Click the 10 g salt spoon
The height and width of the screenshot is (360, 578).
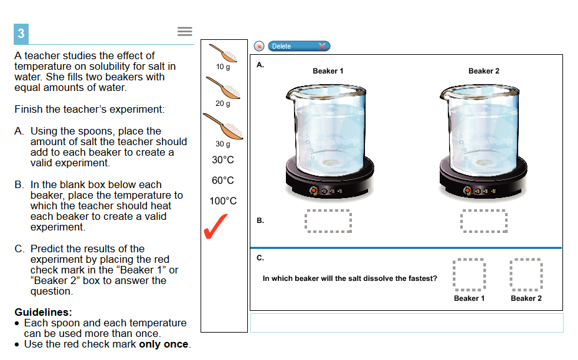coord(223,53)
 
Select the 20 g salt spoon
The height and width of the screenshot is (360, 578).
coord(223,88)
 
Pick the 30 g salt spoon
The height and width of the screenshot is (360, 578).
coord(223,126)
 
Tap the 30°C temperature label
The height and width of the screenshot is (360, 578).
coord(222,160)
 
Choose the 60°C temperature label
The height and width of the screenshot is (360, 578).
coord(222,181)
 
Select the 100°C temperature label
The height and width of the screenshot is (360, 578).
coord(223,201)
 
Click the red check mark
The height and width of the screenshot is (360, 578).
coord(216,227)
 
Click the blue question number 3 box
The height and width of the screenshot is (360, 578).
coord(21,34)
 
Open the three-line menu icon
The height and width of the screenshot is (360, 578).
coord(185,31)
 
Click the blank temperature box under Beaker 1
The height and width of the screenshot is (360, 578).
coord(328,221)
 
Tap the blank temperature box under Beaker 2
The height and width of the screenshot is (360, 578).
coord(484,221)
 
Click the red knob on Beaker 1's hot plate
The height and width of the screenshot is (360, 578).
coord(314,191)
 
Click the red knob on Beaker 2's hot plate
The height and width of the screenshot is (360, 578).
coord(467,191)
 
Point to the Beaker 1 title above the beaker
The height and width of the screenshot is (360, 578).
coord(328,71)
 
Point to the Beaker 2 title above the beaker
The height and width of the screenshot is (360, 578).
coord(483,71)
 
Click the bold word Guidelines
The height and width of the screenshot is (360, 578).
coord(43,313)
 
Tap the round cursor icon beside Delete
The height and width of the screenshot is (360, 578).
coord(259,46)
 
